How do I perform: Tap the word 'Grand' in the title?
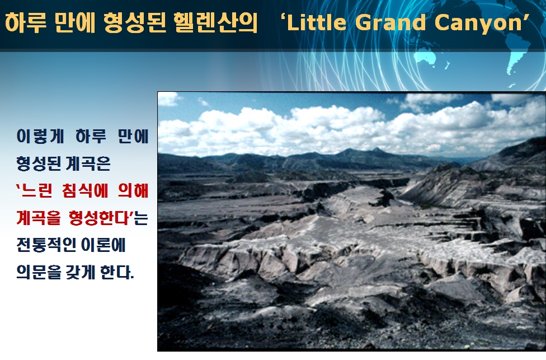point(390,22)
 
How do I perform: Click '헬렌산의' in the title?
point(216,22)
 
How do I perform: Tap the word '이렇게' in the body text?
point(40,136)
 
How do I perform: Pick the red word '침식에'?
point(84,190)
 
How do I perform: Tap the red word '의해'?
point(133,190)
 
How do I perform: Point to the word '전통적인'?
point(46,245)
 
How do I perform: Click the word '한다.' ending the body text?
point(117,272)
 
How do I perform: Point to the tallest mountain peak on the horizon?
point(376,149)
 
